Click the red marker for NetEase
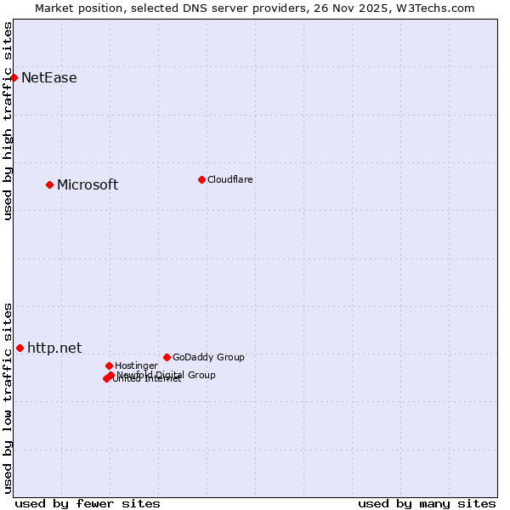click(14, 77)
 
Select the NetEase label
click(48, 78)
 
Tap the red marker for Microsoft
click(49, 184)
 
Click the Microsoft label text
click(88, 185)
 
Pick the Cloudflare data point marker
click(201, 179)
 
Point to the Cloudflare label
click(230, 179)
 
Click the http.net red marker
click(20, 348)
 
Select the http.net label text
click(54, 348)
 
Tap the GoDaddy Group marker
click(167, 357)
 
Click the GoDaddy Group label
click(208, 357)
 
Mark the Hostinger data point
click(109, 365)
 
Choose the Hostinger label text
click(136, 365)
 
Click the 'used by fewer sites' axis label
click(88, 503)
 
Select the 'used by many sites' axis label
click(427, 503)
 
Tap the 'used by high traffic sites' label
click(8, 121)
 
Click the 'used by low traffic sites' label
click(8, 398)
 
